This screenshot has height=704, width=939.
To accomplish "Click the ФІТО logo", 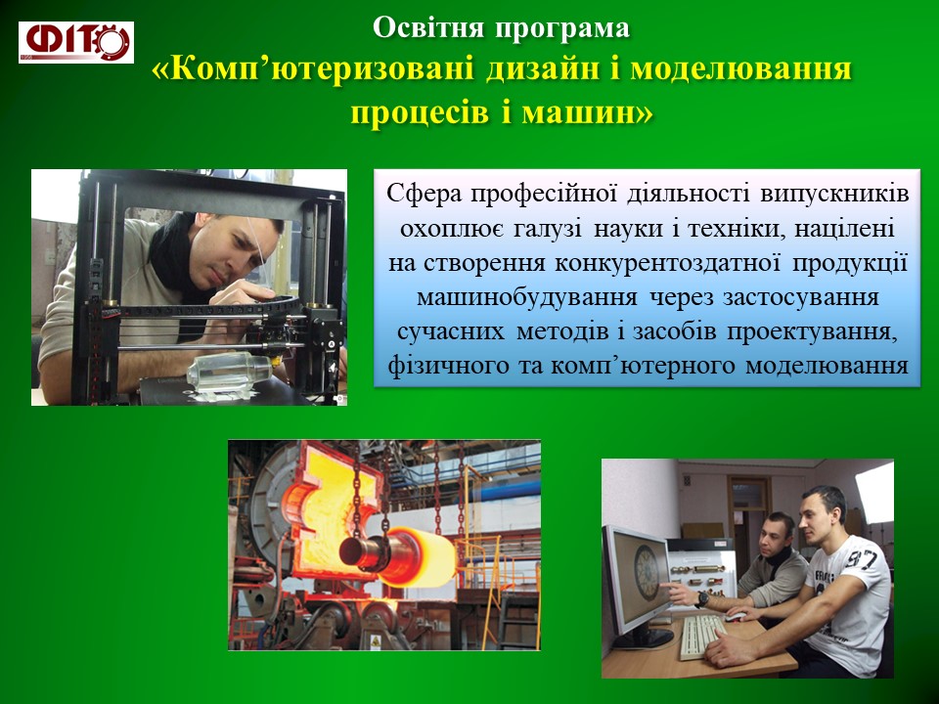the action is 76,42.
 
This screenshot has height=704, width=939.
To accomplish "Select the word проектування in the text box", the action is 813,331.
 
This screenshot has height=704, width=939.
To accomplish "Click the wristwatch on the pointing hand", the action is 702,598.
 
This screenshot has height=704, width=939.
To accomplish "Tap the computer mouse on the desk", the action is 736,617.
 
